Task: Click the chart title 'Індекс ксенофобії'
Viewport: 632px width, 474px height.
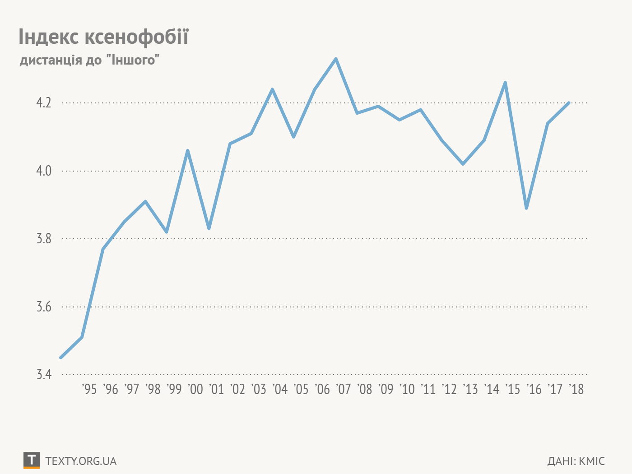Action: click(103, 36)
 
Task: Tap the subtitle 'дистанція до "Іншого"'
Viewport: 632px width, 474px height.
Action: click(89, 60)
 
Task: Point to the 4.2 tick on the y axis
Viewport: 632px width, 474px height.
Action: click(44, 103)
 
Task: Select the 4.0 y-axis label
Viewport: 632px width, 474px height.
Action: click(44, 171)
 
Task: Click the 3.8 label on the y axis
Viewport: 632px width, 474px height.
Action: click(44, 239)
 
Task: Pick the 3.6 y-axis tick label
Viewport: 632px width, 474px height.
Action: click(44, 307)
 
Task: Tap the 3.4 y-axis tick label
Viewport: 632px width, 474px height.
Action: click(44, 375)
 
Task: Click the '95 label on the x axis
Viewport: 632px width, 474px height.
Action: click(89, 389)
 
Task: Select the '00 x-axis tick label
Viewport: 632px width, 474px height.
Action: click(195, 389)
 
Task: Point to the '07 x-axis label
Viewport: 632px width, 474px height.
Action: click(343, 389)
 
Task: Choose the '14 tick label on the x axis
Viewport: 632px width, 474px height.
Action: click(492, 389)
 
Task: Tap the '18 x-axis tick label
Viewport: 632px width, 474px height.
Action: click(576, 389)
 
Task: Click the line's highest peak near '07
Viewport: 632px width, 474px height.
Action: click(336, 59)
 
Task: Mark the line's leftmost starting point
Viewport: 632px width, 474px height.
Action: click(61, 358)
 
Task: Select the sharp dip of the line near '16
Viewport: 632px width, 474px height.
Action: click(526, 208)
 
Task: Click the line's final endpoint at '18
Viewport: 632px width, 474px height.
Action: click(569, 103)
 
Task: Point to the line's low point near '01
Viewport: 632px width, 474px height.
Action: click(209, 228)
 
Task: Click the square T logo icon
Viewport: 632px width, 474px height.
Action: click(31, 460)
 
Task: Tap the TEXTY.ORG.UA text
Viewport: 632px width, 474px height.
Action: click(81, 461)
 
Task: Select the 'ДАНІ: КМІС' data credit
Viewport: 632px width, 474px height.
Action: click(576, 461)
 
